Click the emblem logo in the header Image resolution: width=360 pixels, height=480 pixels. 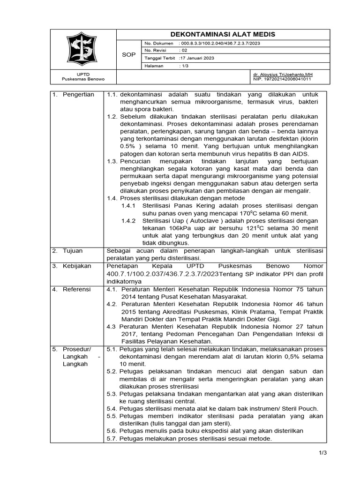[x=83, y=49]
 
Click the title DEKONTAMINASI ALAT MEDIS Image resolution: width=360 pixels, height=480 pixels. [x=222, y=35]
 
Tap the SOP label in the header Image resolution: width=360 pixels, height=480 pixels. [x=128, y=55]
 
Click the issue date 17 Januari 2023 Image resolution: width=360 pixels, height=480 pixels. [x=197, y=58]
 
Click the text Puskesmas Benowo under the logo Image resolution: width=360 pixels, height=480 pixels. [x=83, y=79]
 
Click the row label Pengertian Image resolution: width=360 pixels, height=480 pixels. [x=78, y=94]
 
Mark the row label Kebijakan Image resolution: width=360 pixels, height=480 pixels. [x=78, y=266]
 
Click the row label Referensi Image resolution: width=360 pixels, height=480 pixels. [x=77, y=289]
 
